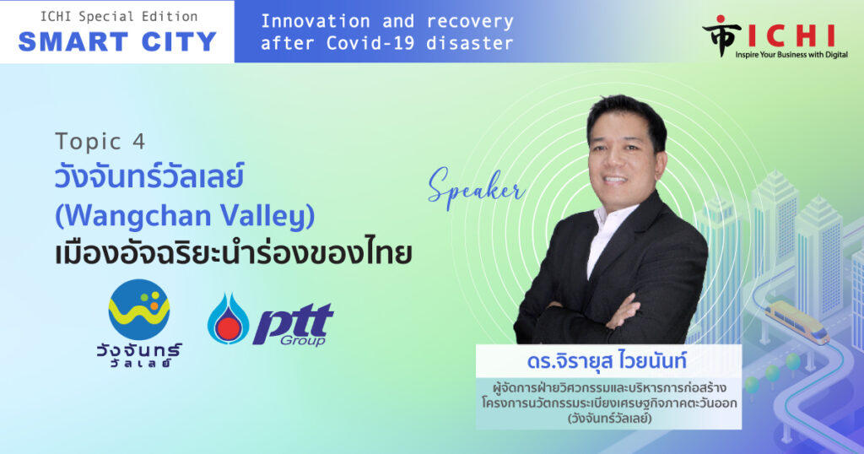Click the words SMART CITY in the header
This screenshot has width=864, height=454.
click(x=117, y=42)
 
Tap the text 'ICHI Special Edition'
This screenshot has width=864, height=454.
click(x=119, y=17)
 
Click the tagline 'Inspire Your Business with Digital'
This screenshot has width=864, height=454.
click(x=791, y=55)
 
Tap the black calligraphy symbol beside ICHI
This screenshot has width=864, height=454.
click(x=721, y=35)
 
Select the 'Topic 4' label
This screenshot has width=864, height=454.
click(x=100, y=142)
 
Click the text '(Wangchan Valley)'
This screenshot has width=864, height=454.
click(x=185, y=216)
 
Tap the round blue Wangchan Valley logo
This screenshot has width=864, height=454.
click(x=139, y=309)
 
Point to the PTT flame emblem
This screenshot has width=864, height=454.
click(x=228, y=319)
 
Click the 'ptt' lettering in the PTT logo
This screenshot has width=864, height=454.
click(x=293, y=322)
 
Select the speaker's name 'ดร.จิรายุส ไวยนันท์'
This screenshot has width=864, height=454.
click(x=607, y=361)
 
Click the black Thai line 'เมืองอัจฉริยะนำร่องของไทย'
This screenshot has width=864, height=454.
click(x=233, y=255)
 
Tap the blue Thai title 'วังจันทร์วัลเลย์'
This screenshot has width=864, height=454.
click(x=148, y=177)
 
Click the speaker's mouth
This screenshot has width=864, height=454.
click(x=615, y=179)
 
